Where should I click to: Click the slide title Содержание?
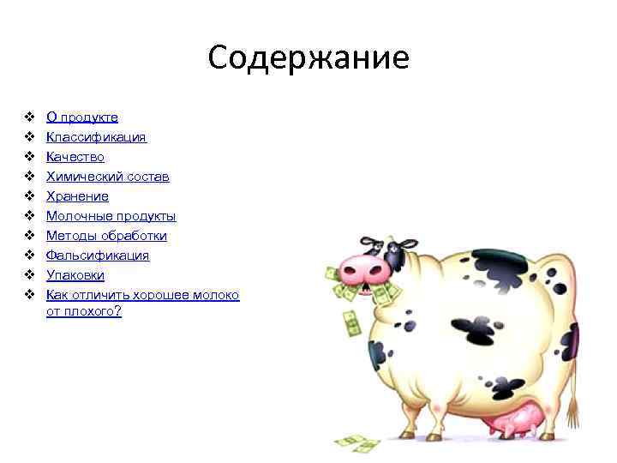click(308, 58)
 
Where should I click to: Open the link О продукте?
click(82, 117)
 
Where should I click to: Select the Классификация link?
click(96, 137)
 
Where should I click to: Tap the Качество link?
click(75, 157)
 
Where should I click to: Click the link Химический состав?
click(107, 177)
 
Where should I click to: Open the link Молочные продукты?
click(111, 216)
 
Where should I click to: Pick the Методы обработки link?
click(106, 236)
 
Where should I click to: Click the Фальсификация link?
click(98, 256)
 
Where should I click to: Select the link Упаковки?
click(75, 275)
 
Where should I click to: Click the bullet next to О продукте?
click(28, 117)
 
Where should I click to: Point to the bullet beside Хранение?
click(28, 196)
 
